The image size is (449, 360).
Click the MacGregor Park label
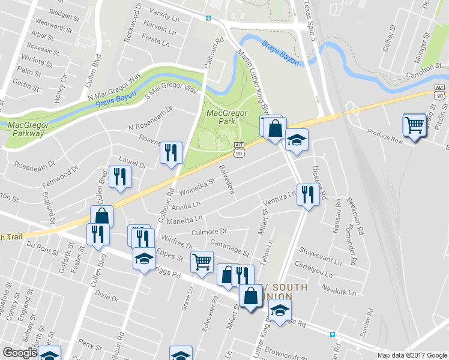click(x=220, y=116)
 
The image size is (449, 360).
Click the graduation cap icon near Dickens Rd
click(x=295, y=140)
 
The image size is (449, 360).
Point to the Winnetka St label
click(x=196, y=187)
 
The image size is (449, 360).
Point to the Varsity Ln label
click(x=164, y=11)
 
